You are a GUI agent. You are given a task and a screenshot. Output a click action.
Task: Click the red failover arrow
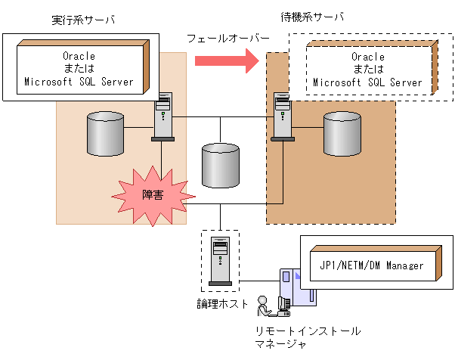pyautogui.click(x=227, y=61)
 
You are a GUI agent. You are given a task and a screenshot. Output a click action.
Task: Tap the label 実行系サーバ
pyautogui.click(x=83, y=20)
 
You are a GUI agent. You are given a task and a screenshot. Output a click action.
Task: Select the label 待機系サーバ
pyautogui.click(x=312, y=17)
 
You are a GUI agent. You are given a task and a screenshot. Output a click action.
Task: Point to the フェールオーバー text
pyautogui.click(x=228, y=39)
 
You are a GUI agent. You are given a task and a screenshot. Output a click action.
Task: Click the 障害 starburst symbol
pyautogui.click(x=153, y=196)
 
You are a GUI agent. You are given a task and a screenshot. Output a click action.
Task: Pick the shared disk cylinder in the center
pyautogui.click(x=221, y=165)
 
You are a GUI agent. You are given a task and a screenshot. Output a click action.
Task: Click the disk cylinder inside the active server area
pyautogui.click(x=106, y=134)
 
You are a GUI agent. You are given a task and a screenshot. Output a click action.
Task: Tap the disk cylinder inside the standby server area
pyautogui.click(x=342, y=134)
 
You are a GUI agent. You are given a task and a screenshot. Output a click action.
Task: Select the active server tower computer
pyautogui.click(x=162, y=116)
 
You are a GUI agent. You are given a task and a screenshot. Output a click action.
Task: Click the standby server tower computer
pyautogui.click(x=283, y=116)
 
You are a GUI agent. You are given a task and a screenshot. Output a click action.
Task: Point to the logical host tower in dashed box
pyautogui.click(x=220, y=261)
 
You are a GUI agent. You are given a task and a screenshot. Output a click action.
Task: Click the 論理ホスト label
pyautogui.click(x=222, y=304)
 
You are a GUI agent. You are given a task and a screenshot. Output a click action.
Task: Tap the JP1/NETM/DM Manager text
pyautogui.click(x=372, y=265)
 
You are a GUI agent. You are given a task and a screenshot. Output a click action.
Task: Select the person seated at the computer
pyautogui.click(x=264, y=306)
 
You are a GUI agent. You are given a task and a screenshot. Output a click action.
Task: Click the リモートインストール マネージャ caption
pyautogui.click(x=308, y=337)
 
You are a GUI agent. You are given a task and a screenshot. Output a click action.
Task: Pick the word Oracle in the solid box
pyautogui.click(x=79, y=56)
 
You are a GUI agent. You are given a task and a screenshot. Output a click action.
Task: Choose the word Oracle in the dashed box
pyautogui.click(x=368, y=57)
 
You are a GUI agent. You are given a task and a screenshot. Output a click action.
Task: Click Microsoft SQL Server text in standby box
pyautogui.click(x=367, y=82)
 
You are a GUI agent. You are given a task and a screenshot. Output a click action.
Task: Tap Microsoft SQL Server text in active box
pyautogui.click(x=79, y=82)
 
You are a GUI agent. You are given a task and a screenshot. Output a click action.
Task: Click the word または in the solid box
pyautogui.click(x=79, y=69)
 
